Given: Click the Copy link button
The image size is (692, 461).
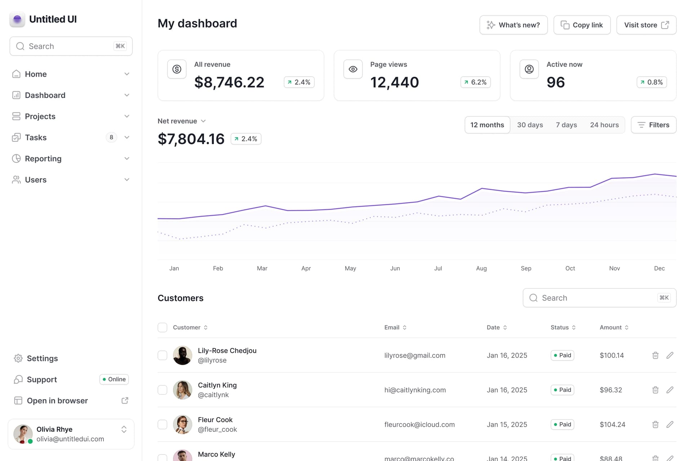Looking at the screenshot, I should click(x=582, y=25).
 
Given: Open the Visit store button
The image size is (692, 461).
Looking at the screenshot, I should click(x=646, y=25).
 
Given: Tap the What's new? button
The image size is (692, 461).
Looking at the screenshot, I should click(x=513, y=25).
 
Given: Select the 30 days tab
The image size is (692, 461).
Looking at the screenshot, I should click(x=530, y=125).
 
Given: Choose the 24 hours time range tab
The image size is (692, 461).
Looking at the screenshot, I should click(x=604, y=125).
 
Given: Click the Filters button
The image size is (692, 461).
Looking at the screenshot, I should click(x=653, y=125).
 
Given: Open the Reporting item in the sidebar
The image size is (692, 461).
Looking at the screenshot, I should click(x=43, y=158).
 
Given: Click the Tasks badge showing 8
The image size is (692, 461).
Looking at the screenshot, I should click(x=111, y=137).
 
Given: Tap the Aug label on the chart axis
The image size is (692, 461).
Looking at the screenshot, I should click(x=481, y=268).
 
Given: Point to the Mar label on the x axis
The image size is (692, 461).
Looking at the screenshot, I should click(x=262, y=268).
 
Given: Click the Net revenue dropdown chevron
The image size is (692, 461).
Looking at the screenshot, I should click(x=203, y=121).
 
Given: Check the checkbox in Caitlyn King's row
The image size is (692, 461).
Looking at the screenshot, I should click(x=163, y=390).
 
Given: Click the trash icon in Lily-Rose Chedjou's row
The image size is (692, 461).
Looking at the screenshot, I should click(x=655, y=355).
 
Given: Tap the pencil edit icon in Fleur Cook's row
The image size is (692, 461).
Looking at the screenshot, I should click(x=670, y=425).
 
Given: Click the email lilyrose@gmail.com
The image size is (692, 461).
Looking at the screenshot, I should click(x=414, y=355).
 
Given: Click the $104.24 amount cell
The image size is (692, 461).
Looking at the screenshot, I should click(x=612, y=425).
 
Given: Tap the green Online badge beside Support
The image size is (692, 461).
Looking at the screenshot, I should click(x=114, y=379).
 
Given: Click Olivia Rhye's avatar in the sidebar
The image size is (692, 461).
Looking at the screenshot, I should click(x=23, y=434).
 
